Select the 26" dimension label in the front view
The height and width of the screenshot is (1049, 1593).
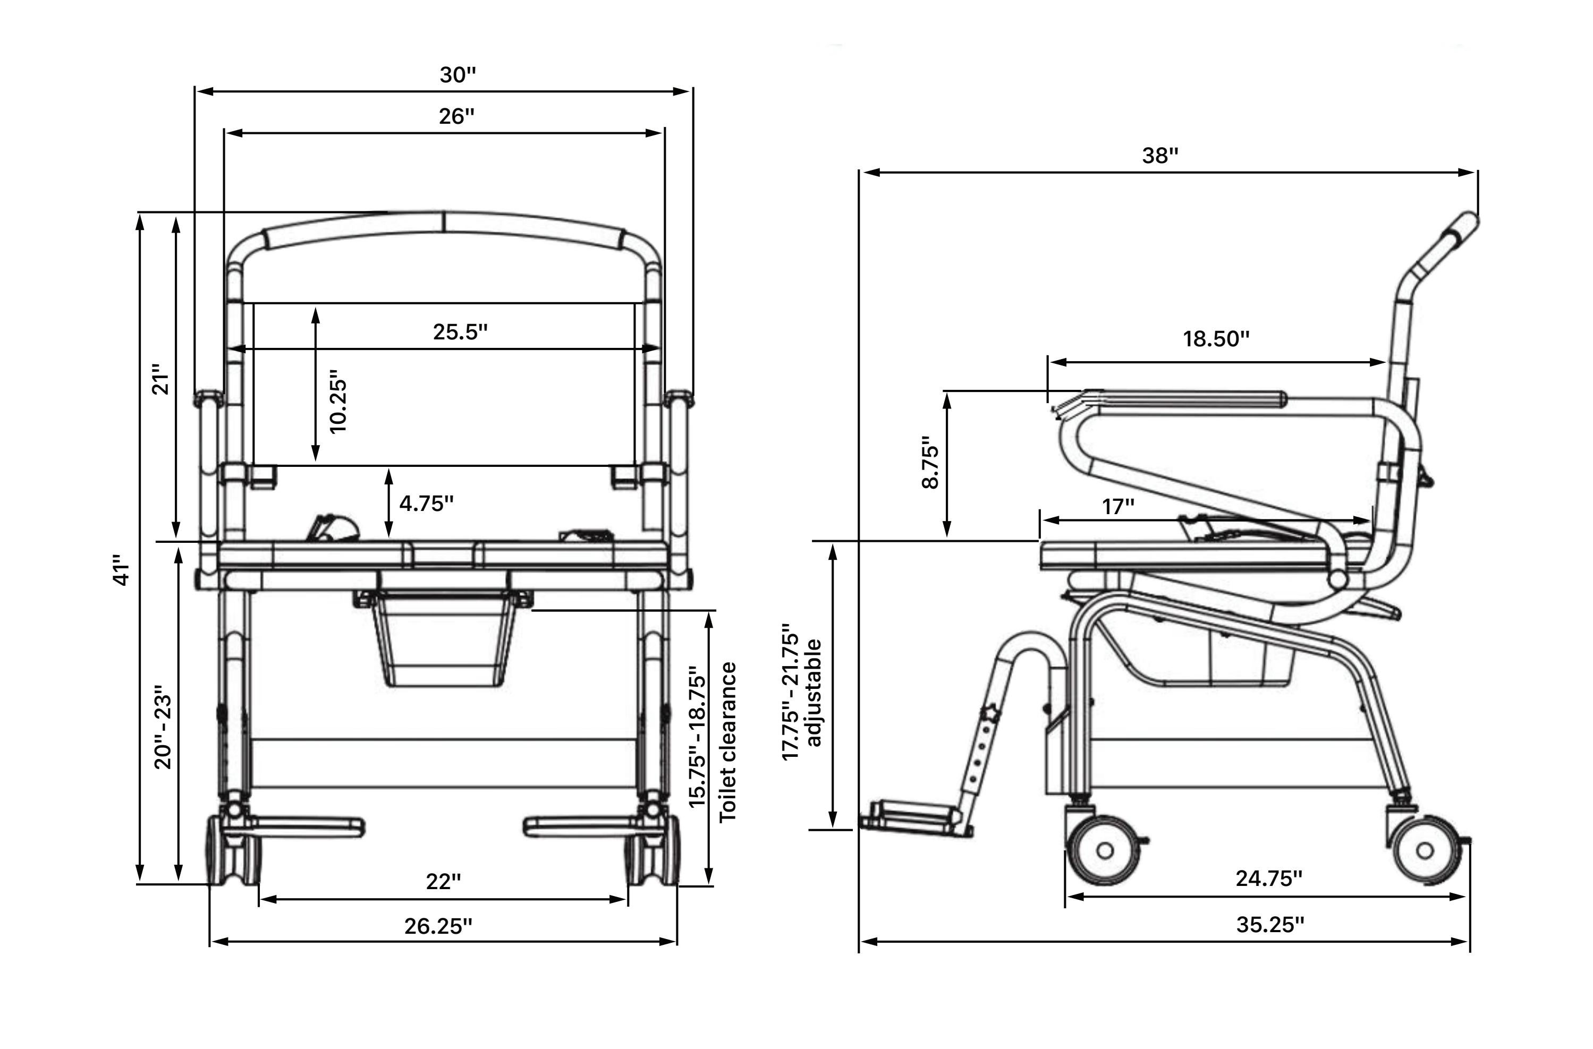click(456, 116)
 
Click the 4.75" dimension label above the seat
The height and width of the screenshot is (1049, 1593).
click(426, 504)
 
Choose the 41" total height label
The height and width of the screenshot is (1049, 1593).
click(121, 569)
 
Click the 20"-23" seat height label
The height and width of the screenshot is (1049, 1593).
click(163, 727)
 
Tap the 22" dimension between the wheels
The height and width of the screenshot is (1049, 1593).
click(443, 882)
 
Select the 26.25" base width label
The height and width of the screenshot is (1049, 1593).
click(438, 926)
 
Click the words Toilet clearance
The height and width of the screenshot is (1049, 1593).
click(727, 743)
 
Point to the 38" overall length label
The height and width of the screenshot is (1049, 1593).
click(1159, 156)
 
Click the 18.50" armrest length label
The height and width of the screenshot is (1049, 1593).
click(1216, 339)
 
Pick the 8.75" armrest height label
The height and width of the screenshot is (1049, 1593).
click(930, 463)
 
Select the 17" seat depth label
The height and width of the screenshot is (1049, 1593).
click(1119, 507)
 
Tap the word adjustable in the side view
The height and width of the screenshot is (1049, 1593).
click(814, 693)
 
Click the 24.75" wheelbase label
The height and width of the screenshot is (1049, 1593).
click(1268, 879)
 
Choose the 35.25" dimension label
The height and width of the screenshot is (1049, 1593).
click(1270, 925)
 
